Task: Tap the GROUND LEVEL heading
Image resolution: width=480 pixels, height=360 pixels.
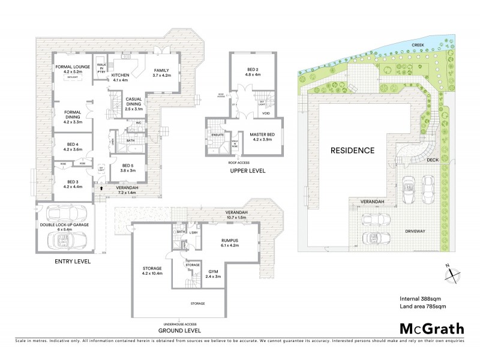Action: [x=179, y=329]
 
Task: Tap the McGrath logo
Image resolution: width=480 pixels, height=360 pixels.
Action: [x=431, y=328]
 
